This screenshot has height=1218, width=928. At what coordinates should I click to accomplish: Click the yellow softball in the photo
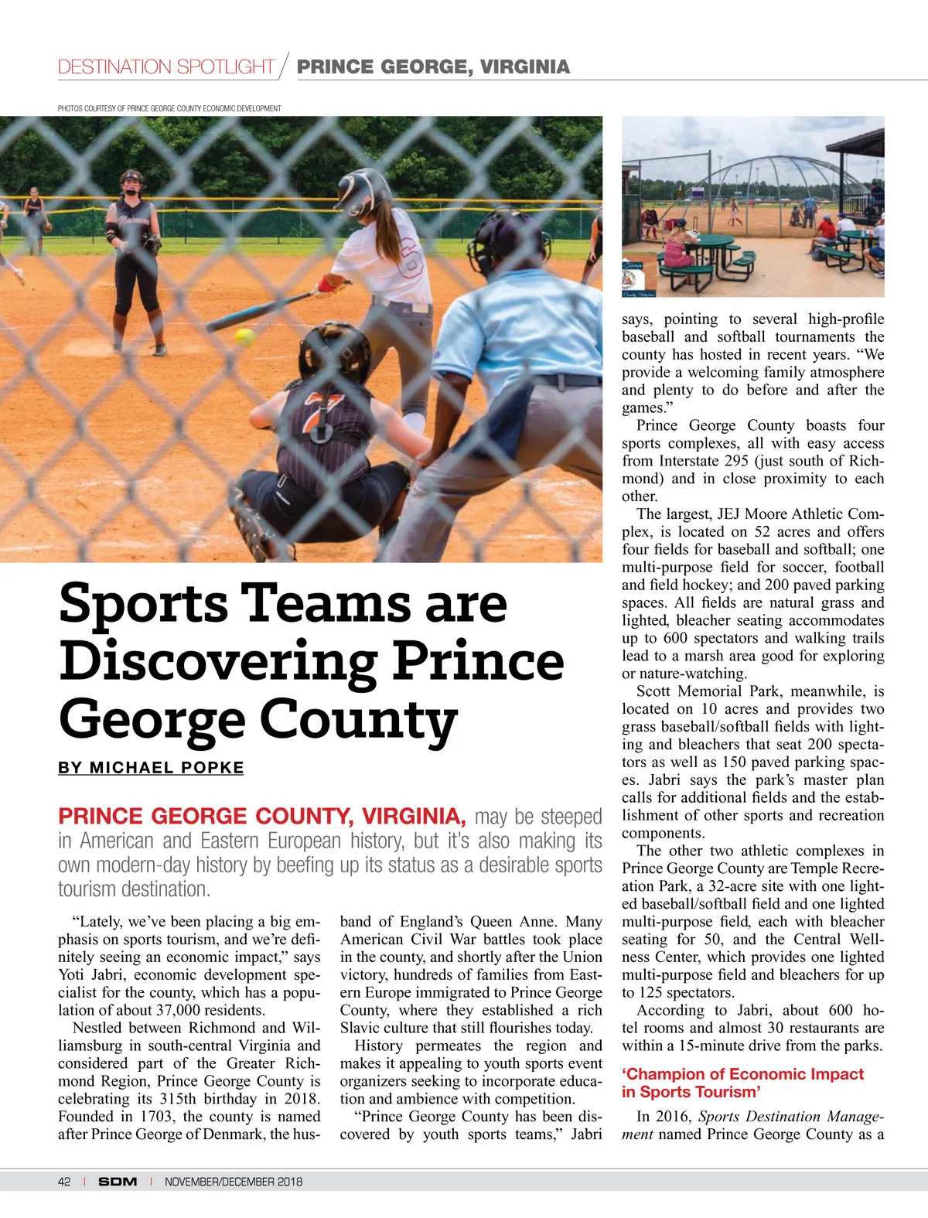pos(244,337)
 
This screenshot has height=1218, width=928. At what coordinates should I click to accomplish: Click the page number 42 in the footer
pos(64,1182)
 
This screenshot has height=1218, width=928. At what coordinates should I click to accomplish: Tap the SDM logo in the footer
pos(118,1182)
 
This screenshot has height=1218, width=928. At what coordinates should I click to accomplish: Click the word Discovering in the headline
pos(218,661)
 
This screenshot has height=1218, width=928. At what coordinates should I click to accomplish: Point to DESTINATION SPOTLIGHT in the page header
pos(166,67)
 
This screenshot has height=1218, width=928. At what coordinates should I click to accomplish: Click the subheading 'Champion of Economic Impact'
pos(742,1074)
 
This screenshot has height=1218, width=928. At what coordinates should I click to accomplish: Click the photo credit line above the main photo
pos(169,108)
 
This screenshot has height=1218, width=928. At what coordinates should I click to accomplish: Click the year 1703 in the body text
pos(157,1117)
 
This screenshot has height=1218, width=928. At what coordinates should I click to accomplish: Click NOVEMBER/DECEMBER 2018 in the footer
pos(234,1182)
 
